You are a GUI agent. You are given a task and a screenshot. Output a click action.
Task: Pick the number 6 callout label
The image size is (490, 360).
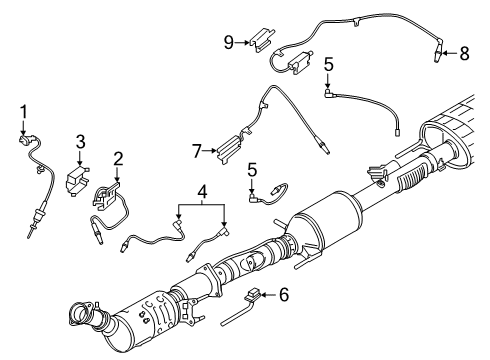pyautogui.click(x=285, y=295)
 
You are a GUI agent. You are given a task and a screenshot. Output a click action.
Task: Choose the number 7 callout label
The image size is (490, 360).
pyautogui.click(x=197, y=152)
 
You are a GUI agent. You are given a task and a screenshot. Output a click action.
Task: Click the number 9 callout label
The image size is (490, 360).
pyautogui.click(x=228, y=42)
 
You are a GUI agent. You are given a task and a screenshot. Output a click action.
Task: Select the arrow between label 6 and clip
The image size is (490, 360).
pyautogui.click(x=270, y=295)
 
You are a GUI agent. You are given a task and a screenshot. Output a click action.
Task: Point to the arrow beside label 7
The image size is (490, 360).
pyautogui.click(x=210, y=152)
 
